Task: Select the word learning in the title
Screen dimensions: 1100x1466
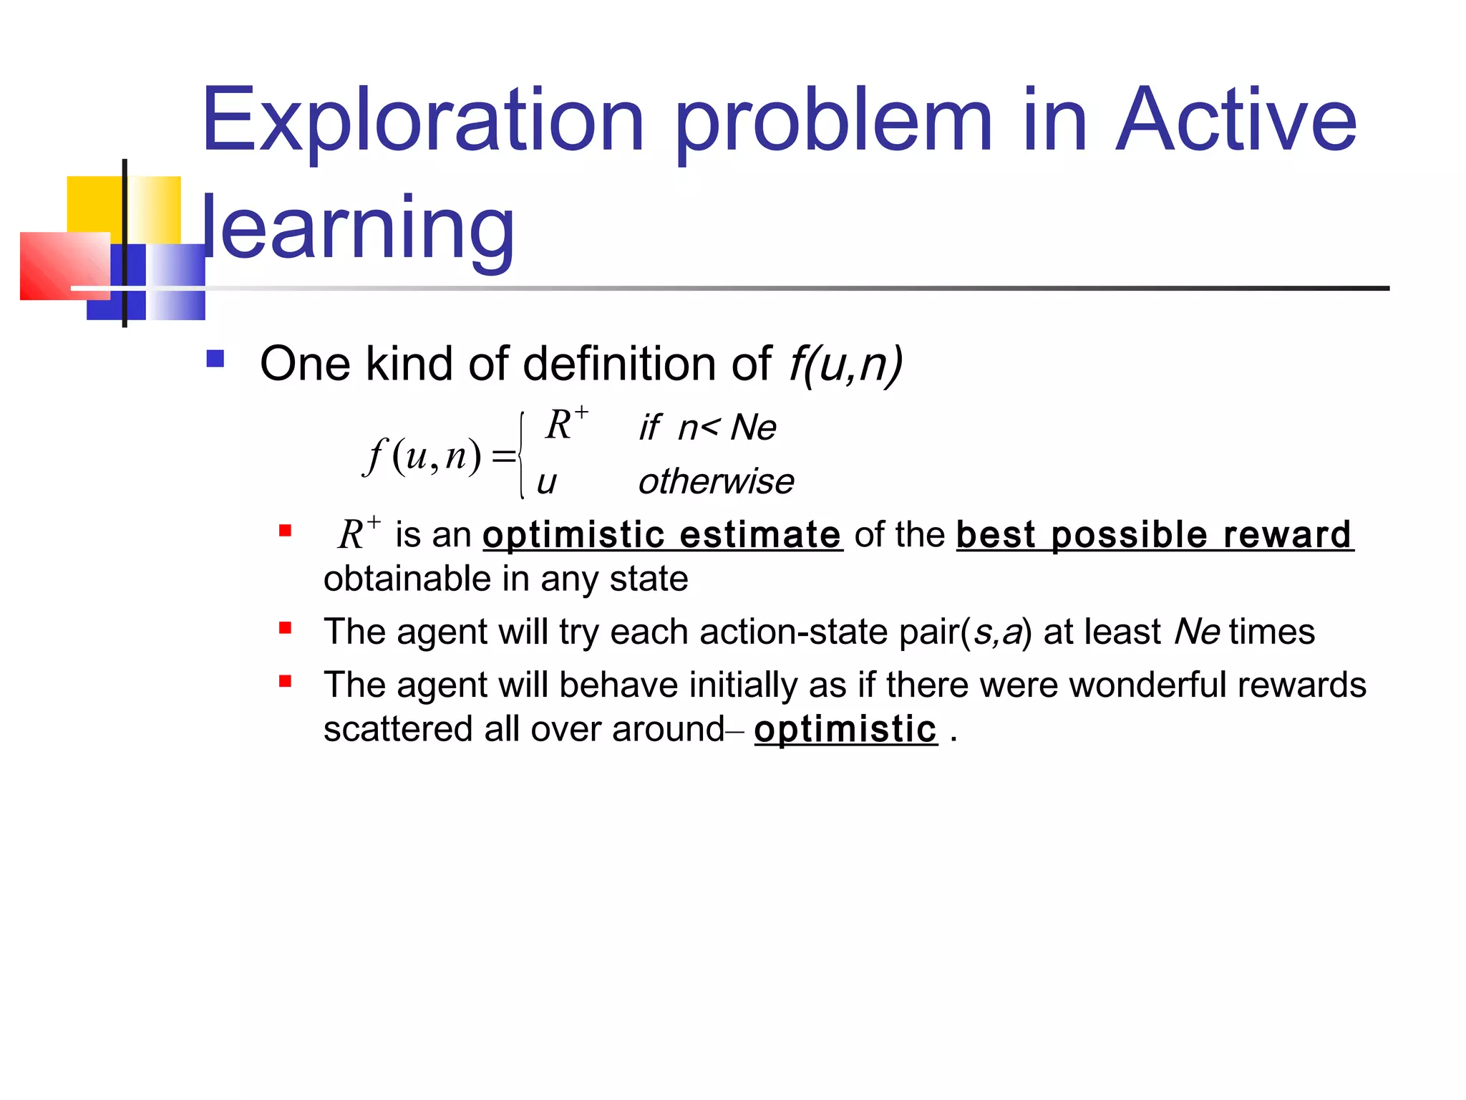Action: pyautogui.click(x=358, y=228)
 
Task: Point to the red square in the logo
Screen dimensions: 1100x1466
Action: pyautogui.click(x=64, y=265)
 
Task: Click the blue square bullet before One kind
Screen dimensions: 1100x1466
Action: pyautogui.click(x=215, y=358)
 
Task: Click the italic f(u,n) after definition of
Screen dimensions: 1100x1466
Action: pyautogui.click(x=845, y=364)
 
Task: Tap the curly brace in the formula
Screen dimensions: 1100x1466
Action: pyautogui.click(x=522, y=455)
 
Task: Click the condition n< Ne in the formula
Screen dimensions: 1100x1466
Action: pyautogui.click(x=727, y=428)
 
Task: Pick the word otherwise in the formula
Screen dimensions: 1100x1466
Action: pyautogui.click(x=716, y=481)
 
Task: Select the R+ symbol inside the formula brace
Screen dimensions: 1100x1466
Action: pyautogui.click(x=565, y=424)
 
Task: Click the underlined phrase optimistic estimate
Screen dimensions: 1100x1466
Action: pyautogui.click(x=662, y=535)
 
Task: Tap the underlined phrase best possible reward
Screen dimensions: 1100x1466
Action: pyautogui.click(x=1154, y=535)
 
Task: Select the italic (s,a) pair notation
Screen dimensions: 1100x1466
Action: pyautogui.click(x=996, y=632)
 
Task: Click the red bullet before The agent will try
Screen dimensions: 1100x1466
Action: pyautogui.click(x=285, y=629)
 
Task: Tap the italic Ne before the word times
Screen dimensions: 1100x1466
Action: pyautogui.click(x=1197, y=632)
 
